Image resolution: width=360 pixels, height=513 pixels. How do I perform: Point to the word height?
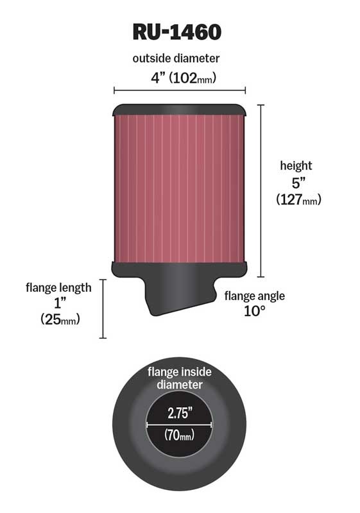click(x=296, y=166)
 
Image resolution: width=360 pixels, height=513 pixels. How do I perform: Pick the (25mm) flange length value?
click(x=60, y=319)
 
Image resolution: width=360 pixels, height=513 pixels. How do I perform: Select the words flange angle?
click(x=254, y=296)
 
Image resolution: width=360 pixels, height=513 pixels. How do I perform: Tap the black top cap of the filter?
click(x=179, y=109)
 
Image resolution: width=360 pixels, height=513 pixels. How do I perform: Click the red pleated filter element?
click(x=179, y=186)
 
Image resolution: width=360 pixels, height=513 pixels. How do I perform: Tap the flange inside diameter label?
click(x=179, y=378)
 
